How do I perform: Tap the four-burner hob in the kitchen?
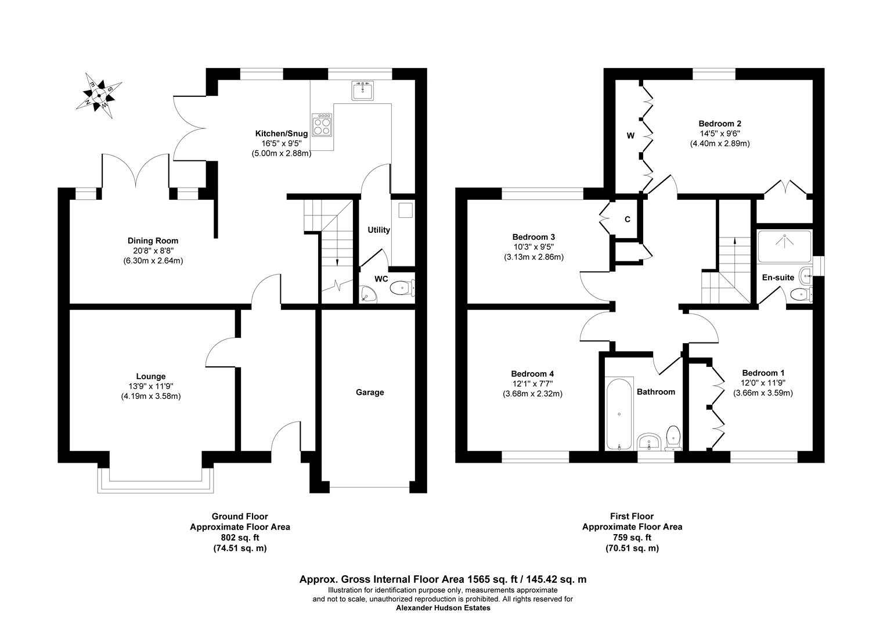[323, 125]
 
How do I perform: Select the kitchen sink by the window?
[363, 90]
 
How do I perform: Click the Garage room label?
[370, 392]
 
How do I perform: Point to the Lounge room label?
[151, 376]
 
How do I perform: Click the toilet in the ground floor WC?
[401, 287]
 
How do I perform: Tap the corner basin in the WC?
[367, 295]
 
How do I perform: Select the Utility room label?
[378, 230]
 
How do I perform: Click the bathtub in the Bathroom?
[619, 414]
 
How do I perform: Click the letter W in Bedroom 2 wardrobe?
[630, 136]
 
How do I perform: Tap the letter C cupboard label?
[627, 219]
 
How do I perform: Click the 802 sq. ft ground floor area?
[240, 538]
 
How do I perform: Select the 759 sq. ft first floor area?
[632, 538]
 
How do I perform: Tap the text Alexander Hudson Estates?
[443, 608]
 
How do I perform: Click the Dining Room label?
[153, 240]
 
